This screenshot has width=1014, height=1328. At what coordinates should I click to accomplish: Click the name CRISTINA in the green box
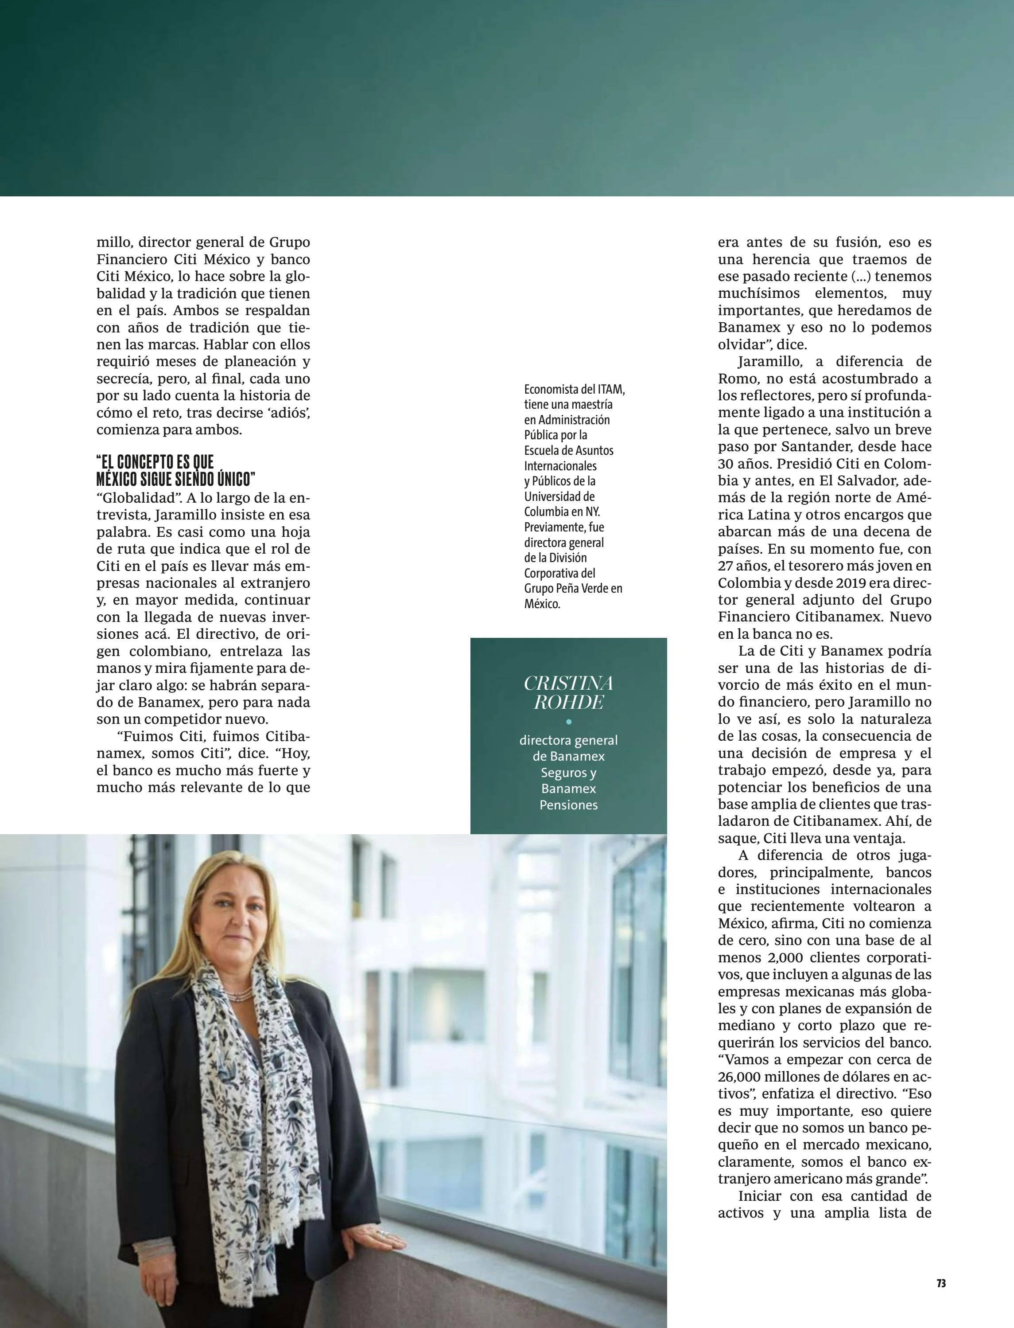(x=568, y=683)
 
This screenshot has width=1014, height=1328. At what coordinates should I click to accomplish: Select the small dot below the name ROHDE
(x=568, y=722)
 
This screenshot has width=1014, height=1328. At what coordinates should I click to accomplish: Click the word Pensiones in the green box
(x=568, y=805)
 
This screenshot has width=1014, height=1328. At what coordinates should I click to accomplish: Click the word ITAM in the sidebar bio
(x=611, y=390)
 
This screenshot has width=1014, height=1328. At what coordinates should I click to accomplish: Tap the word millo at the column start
(x=115, y=242)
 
